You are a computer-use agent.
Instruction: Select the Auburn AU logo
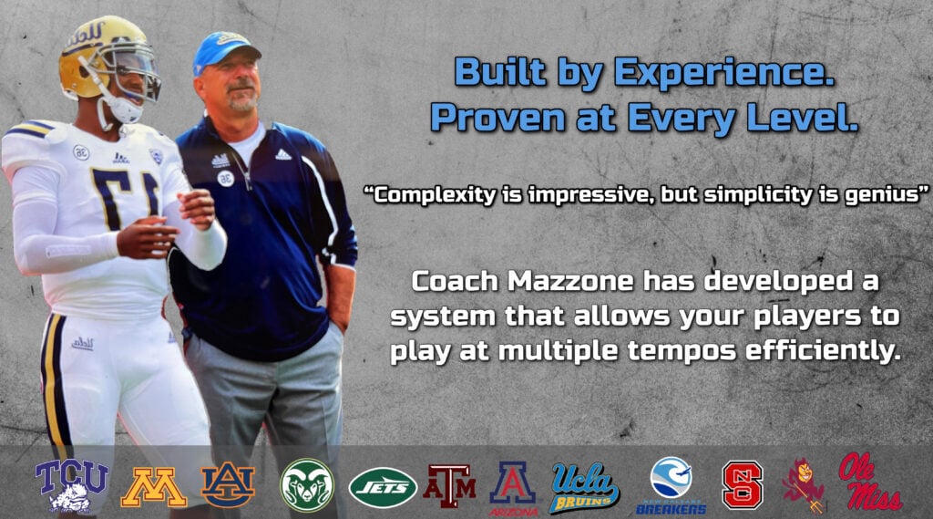(x=228, y=485)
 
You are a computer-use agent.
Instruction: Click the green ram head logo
(x=307, y=485)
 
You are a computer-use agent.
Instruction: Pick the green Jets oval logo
(x=384, y=487)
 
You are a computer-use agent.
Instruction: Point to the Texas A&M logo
(x=450, y=485)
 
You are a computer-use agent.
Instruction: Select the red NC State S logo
(x=743, y=485)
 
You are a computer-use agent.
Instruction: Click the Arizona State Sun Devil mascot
(x=804, y=485)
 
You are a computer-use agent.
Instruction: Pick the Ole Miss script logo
(x=868, y=482)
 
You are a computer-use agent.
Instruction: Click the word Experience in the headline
(x=724, y=73)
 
